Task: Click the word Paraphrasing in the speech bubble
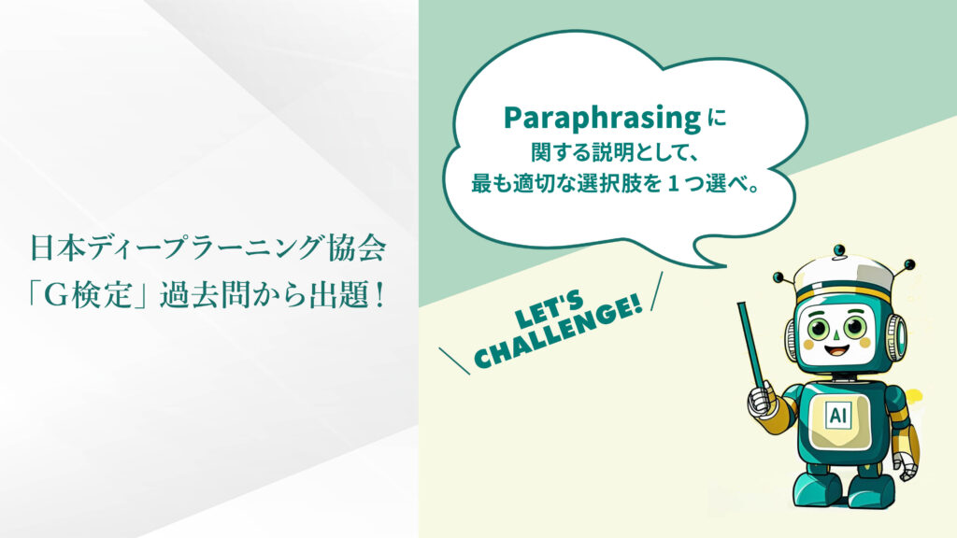602,118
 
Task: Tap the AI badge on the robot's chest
837,415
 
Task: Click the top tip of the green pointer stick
742,304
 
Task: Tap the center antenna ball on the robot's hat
840,250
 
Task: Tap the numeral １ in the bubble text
673,183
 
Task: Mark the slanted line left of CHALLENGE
455,361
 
